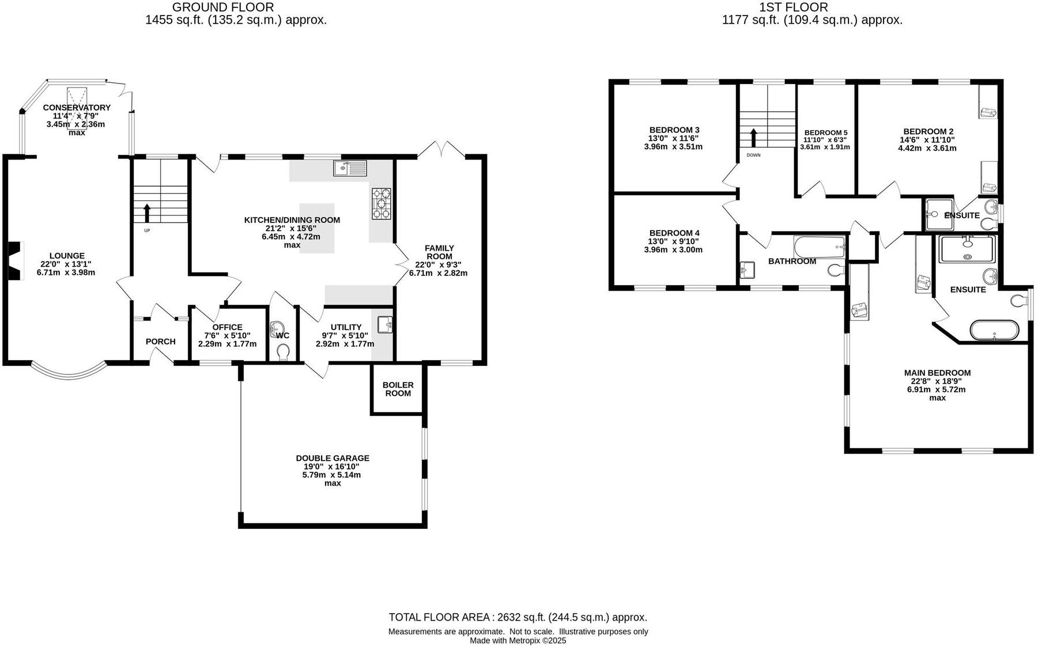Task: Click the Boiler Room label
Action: point(398,389)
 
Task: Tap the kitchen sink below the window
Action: point(349,168)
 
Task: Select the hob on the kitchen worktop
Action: point(381,204)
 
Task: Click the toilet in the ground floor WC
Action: point(283,351)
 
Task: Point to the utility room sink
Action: point(385,325)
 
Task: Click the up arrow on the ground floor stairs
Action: point(146,213)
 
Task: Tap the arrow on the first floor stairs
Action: point(753,138)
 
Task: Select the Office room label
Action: point(228,327)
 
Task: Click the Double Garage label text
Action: point(333,458)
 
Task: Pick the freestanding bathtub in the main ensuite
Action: point(994,330)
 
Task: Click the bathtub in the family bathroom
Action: point(820,247)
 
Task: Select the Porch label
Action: point(160,342)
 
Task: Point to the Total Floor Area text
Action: point(518,617)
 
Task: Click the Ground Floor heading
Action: point(223,7)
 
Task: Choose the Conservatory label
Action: point(77,108)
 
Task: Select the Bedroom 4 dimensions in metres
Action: point(673,250)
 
